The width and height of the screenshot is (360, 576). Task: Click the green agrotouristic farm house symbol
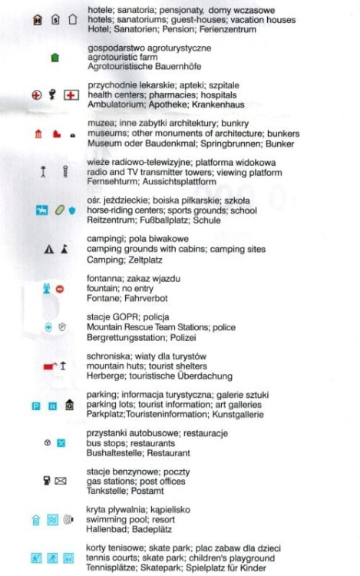(54, 58)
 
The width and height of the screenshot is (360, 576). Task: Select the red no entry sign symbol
(60, 289)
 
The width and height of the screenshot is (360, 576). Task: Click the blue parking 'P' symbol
(35, 406)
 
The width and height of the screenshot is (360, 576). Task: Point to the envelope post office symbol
(61, 482)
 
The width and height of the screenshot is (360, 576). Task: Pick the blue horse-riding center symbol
(41, 210)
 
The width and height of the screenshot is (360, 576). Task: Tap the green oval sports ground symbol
(58, 210)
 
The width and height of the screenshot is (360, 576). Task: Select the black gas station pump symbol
(47, 481)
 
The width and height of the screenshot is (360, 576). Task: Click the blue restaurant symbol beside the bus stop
(61, 443)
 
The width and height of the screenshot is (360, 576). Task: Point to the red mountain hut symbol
(50, 366)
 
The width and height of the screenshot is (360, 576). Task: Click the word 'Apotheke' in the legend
(154, 104)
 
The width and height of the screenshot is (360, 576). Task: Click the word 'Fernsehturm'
(111, 182)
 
